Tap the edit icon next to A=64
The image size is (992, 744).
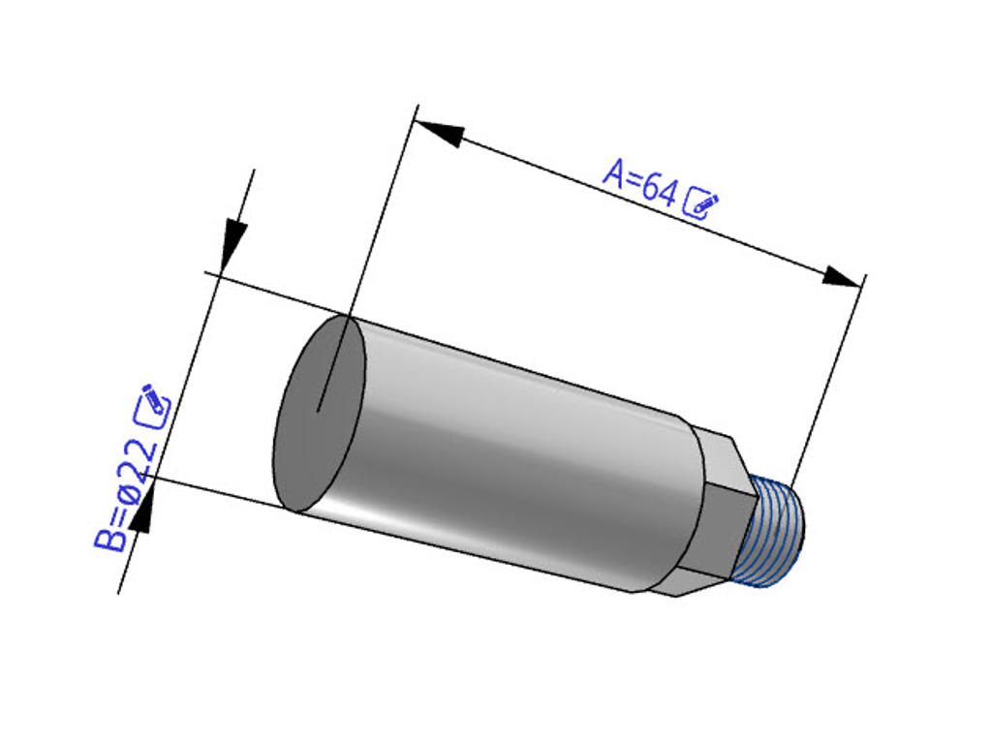point(701,202)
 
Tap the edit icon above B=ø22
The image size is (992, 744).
point(153,405)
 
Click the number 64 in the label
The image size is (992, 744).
point(659,191)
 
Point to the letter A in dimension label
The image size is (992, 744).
point(614,172)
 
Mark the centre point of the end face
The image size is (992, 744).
point(319,410)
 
